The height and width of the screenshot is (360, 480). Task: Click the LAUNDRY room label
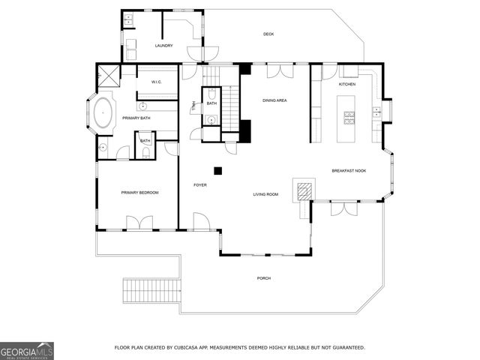point(163,46)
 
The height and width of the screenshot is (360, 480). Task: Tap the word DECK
point(268,34)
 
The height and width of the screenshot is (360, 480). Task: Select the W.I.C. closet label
point(157,82)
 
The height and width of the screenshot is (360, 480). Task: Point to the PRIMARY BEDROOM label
point(140,193)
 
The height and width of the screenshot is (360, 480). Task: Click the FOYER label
point(200,184)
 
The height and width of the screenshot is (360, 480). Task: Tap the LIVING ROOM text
point(265,194)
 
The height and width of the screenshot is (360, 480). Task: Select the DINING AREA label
point(274,100)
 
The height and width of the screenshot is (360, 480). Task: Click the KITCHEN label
point(346,84)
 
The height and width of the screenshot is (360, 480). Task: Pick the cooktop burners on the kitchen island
point(349,116)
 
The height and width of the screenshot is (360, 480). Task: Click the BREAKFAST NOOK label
point(349,171)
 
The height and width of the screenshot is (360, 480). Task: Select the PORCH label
point(264,278)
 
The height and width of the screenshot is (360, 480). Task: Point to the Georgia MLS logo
point(27,350)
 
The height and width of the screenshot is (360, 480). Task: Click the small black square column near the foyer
point(217,170)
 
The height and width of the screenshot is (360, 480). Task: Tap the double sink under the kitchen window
point(350,71)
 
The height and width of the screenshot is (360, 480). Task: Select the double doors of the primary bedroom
point(140,223)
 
